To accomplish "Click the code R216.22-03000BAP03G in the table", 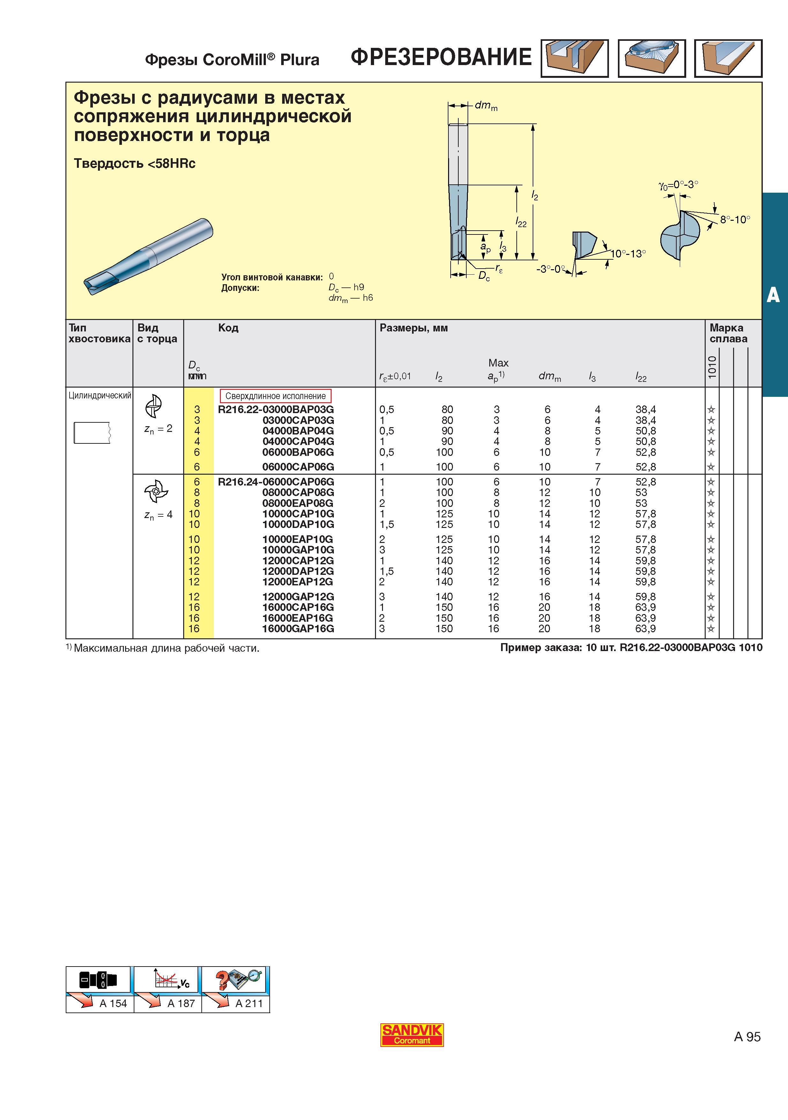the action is [276, 409].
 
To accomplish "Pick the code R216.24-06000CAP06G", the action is [276, 481].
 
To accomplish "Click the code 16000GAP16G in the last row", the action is [298, 629].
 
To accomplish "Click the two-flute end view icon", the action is [154, 406].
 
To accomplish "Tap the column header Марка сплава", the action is [728, 333].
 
